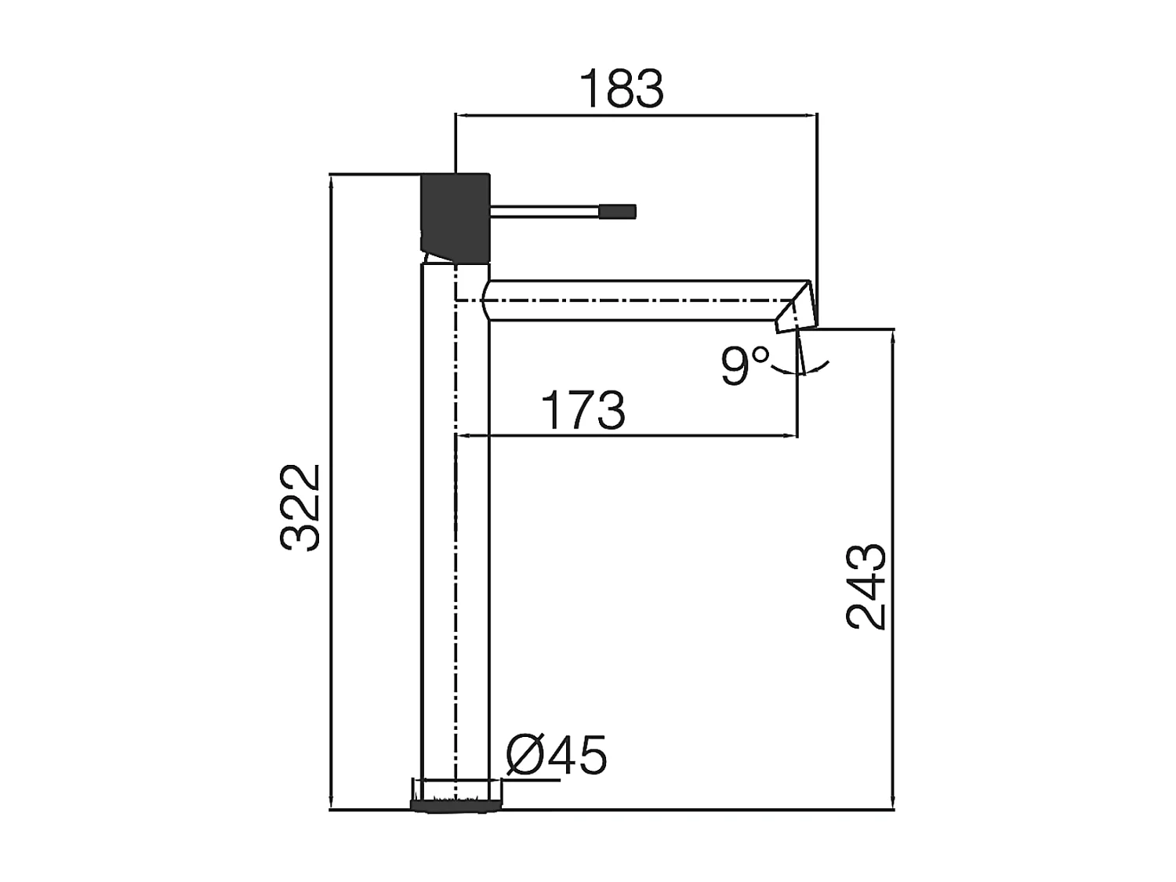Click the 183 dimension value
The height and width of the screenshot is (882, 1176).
point(621,89)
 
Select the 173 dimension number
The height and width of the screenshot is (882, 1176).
point(583,410)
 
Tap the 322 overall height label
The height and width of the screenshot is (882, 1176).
point(301,507)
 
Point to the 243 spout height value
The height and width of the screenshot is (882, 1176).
point(866,586)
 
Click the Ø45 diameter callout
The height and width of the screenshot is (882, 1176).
point(557,755)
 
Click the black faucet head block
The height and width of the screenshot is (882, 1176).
point(456,215)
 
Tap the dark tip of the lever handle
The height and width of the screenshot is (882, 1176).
point(618,211)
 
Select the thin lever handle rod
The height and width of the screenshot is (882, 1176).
point(545,211)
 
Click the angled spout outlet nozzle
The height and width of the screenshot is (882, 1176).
point(796,310)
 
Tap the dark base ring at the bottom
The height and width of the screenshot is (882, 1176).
point(456,804)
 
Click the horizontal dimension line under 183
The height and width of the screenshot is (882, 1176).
point(636,115)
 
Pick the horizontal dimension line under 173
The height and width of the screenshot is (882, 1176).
point(627,436)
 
